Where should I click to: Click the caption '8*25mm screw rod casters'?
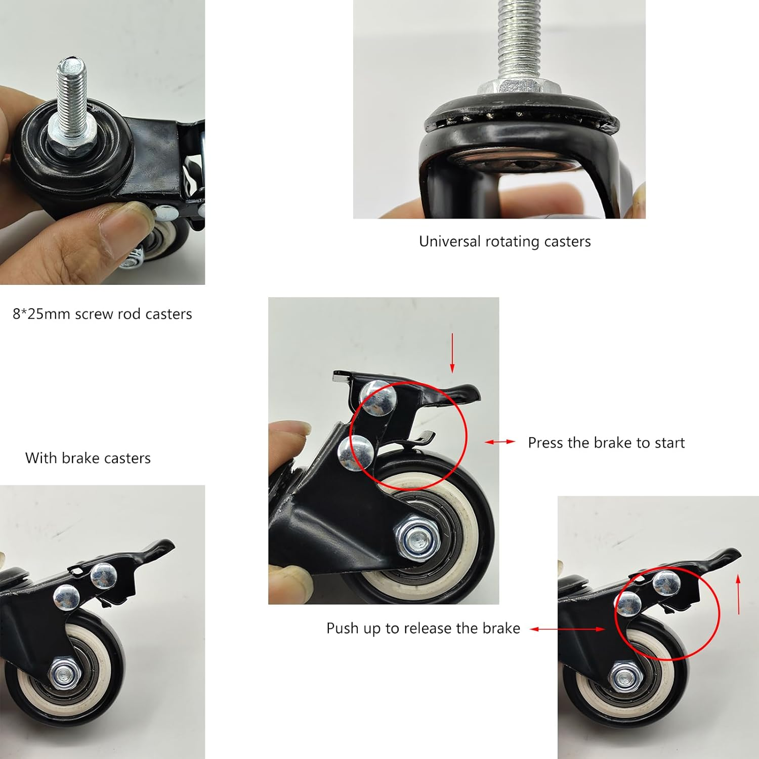click(102, 314)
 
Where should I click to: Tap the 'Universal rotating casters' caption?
click(504, 242)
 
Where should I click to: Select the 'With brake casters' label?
click(88, 458)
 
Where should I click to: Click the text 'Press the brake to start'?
click(606, 443)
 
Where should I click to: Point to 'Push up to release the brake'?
click(423, 628)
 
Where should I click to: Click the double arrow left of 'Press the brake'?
click(499, 442)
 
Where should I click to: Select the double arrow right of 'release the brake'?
click(567, 629)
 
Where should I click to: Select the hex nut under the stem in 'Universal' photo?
click(519, 87)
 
